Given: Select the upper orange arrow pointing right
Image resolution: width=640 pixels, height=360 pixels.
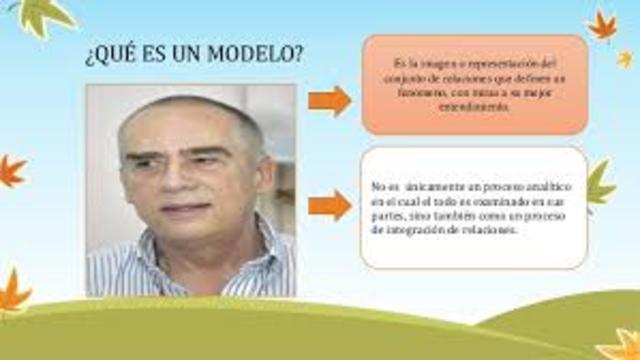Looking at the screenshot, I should pyautogui.click(x=329, y=100).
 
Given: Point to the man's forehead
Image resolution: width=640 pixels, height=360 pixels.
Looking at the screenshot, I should pyautogui.click(x=180, y=125).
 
